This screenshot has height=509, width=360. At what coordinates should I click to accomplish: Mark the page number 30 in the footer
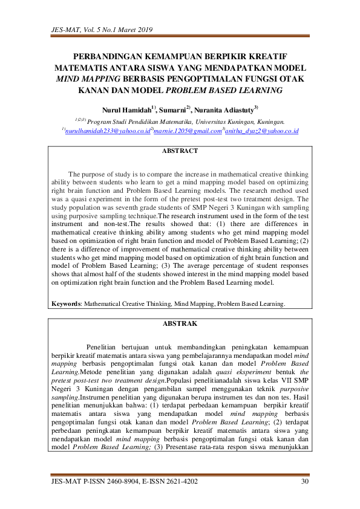tap(304, 481)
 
